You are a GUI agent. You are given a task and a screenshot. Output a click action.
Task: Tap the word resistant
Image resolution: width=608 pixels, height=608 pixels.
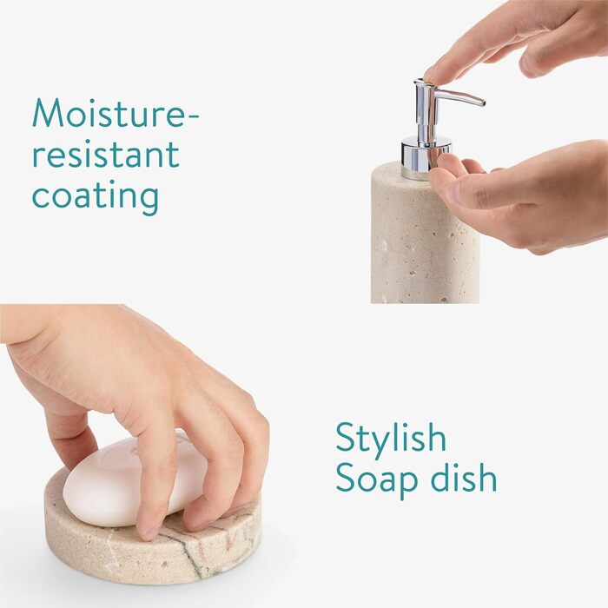[106, 154]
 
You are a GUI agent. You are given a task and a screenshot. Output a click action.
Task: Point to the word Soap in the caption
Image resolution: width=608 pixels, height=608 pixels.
[376, 479]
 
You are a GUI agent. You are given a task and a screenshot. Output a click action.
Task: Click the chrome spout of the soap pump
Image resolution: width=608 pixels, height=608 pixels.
[459, 97]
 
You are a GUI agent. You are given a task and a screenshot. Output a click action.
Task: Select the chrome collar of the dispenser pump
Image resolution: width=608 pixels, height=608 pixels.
[426, 157]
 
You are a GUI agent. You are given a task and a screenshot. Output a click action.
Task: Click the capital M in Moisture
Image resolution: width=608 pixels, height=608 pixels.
[47, 113]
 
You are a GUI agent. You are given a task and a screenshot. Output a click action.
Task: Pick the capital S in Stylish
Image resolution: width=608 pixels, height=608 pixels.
[345, 438]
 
